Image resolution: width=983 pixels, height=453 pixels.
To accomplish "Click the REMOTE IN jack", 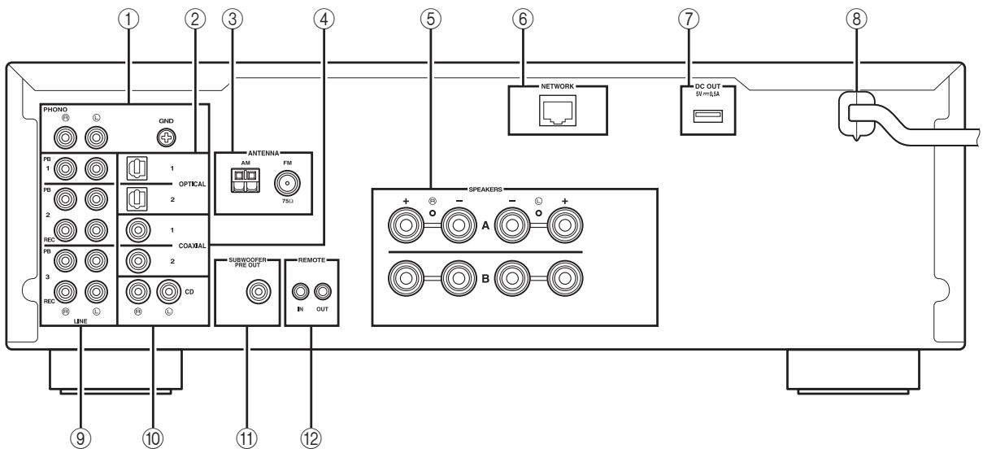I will tap(302, 290).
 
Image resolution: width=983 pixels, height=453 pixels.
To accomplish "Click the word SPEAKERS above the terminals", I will tap(513, 189).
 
